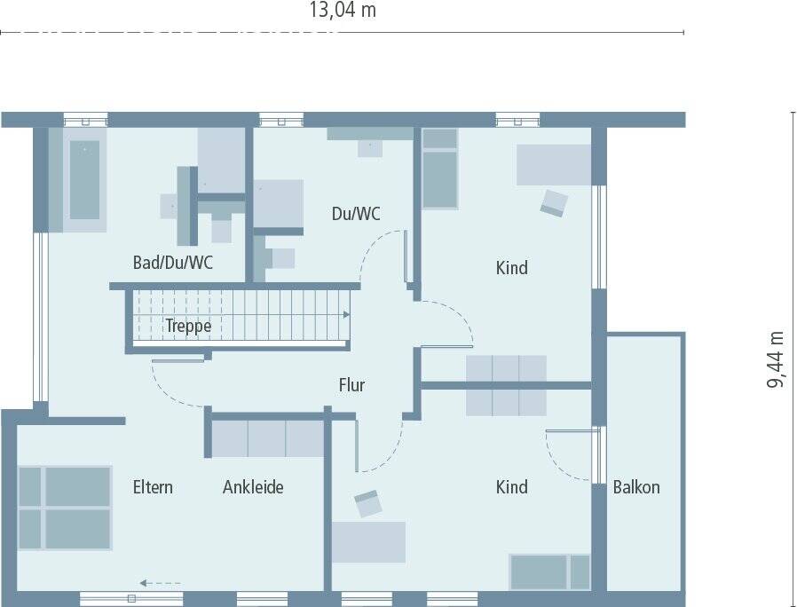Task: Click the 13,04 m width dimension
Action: pos(342,11)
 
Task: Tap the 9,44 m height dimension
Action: pos(777,359)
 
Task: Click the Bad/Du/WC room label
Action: pos(172,264)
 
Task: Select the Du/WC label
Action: pos(356,214)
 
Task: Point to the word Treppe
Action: pos(188,326)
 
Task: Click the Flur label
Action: pos(351,385)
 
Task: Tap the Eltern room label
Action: pos(153,487)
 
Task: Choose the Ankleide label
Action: pos(253,487)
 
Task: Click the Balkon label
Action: pos(636,487)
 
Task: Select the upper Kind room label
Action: pos(511,267)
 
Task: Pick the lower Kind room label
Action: pos(511,487)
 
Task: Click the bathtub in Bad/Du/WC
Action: pos(85,179)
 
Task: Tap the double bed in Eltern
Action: pos(65,508)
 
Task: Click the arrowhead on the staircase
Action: pos(346,314)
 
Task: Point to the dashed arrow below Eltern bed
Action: pos(160,583)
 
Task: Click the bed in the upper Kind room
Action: pos(439,169)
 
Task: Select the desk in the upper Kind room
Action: pos(554,165)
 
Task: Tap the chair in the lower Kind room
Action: pos(367,503)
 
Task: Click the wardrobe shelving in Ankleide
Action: pos(267,438)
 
